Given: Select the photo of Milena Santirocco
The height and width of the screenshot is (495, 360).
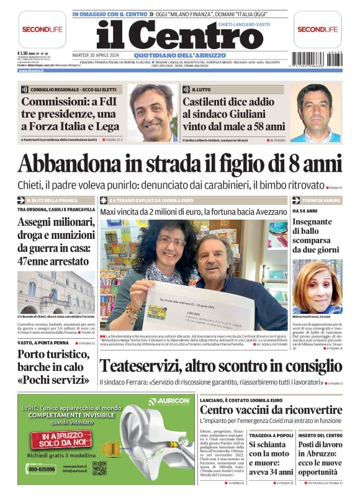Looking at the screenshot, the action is pos(317,285).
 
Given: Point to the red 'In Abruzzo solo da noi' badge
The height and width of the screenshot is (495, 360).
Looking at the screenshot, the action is pos(63,439).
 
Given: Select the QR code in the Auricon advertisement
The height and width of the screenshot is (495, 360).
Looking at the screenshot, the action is pos(99,468).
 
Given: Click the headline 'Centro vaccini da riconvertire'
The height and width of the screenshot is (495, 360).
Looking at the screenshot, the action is pos(270,410).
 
